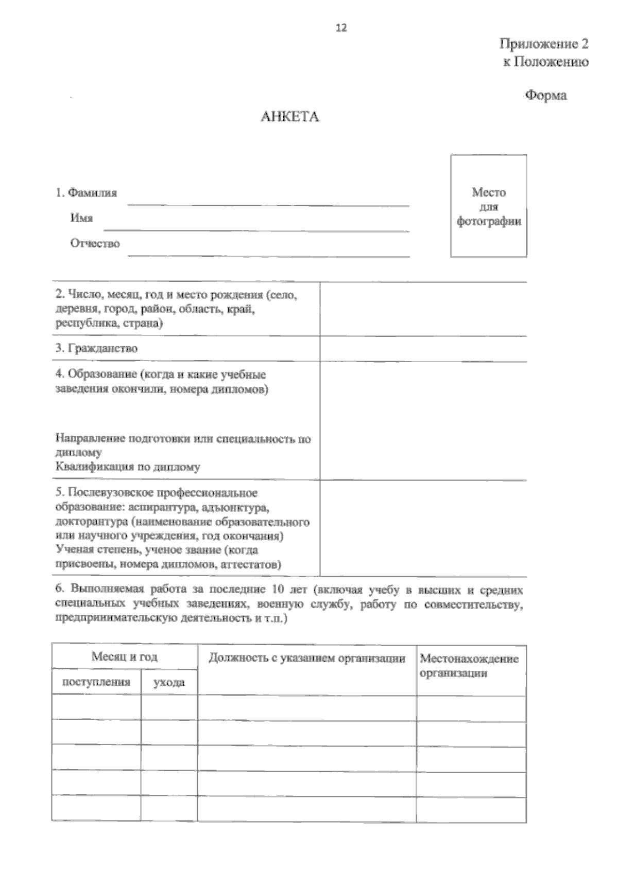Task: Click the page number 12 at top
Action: [341, 28]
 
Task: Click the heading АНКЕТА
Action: [290, 117]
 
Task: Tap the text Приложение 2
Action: [544, 44]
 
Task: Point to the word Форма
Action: [546, 96]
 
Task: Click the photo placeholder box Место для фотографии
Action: [489, 206]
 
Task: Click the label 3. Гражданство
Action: [96, 348]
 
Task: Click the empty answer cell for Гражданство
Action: [422, 349]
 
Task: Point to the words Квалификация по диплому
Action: [127, 468]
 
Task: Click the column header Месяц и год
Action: [124, 657]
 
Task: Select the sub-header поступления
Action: [96, 683]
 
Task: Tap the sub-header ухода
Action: [169, 683]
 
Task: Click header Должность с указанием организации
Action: [307, 658]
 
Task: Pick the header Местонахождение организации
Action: [469, 666]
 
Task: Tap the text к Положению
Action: [545, 62]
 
